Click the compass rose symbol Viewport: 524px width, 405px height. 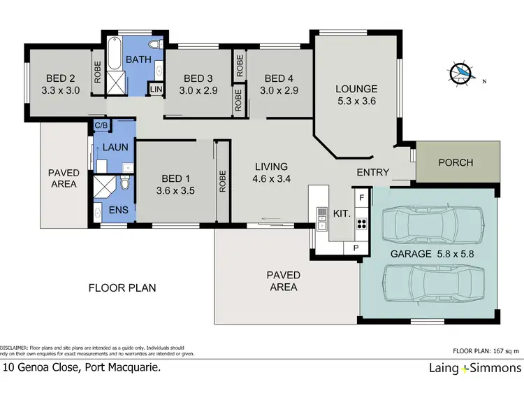pyautogui.click(x=460, y=73)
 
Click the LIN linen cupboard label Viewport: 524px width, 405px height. pyautogui.click(x=154, y=90)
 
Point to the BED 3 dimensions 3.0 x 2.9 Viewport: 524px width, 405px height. pyautogui.click(x=198, y=90)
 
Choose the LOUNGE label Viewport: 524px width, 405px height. pyautogui.click(x=356, y=89)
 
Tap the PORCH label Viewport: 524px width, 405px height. pyautogui.click(x=456, y=162)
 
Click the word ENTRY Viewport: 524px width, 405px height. pyautogui.click(x=373, y=173)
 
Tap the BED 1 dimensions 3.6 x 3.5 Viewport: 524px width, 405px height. pyautogui.click(x=176, y=189)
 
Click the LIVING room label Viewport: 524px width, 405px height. pyautogui.click(x=271, y=166)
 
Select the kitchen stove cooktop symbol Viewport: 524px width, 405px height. pyautogui.click(x=362, y=225)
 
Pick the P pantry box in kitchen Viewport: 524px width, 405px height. pyautogui.click(x=356, y=248)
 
